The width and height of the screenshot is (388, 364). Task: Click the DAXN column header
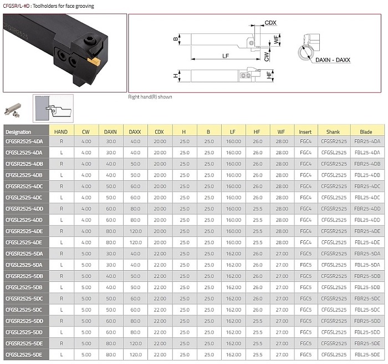point(110,132)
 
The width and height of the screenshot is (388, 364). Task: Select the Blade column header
point(366,132)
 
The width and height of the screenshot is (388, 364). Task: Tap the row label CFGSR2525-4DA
point(24,141)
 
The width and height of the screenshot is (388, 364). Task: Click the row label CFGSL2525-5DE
point(24,355)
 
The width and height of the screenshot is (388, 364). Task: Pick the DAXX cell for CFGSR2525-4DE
point(136,231)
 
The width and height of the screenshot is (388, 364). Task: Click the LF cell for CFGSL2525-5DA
point(233,265)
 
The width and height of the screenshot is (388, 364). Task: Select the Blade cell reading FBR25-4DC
point(367,186)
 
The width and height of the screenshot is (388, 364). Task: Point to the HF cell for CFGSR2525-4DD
point(257,209)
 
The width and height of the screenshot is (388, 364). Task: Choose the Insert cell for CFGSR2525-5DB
point(305,276)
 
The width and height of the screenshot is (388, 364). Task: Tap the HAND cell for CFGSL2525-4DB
point(62,175)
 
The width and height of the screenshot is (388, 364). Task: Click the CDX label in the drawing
point(270,23)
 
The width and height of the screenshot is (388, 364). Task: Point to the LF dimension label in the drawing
point(226,55)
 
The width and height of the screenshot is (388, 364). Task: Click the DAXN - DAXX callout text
point(333,60)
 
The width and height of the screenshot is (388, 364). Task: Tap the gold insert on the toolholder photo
point(94,61)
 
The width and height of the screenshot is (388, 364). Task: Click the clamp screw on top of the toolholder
point(89,40)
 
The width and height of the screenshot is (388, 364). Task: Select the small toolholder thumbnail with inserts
point(13,110)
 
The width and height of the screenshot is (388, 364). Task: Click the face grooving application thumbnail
point(53,109)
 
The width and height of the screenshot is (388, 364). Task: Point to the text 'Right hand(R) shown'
point(150,97)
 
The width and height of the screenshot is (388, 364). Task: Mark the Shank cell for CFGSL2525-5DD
point(334,332)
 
